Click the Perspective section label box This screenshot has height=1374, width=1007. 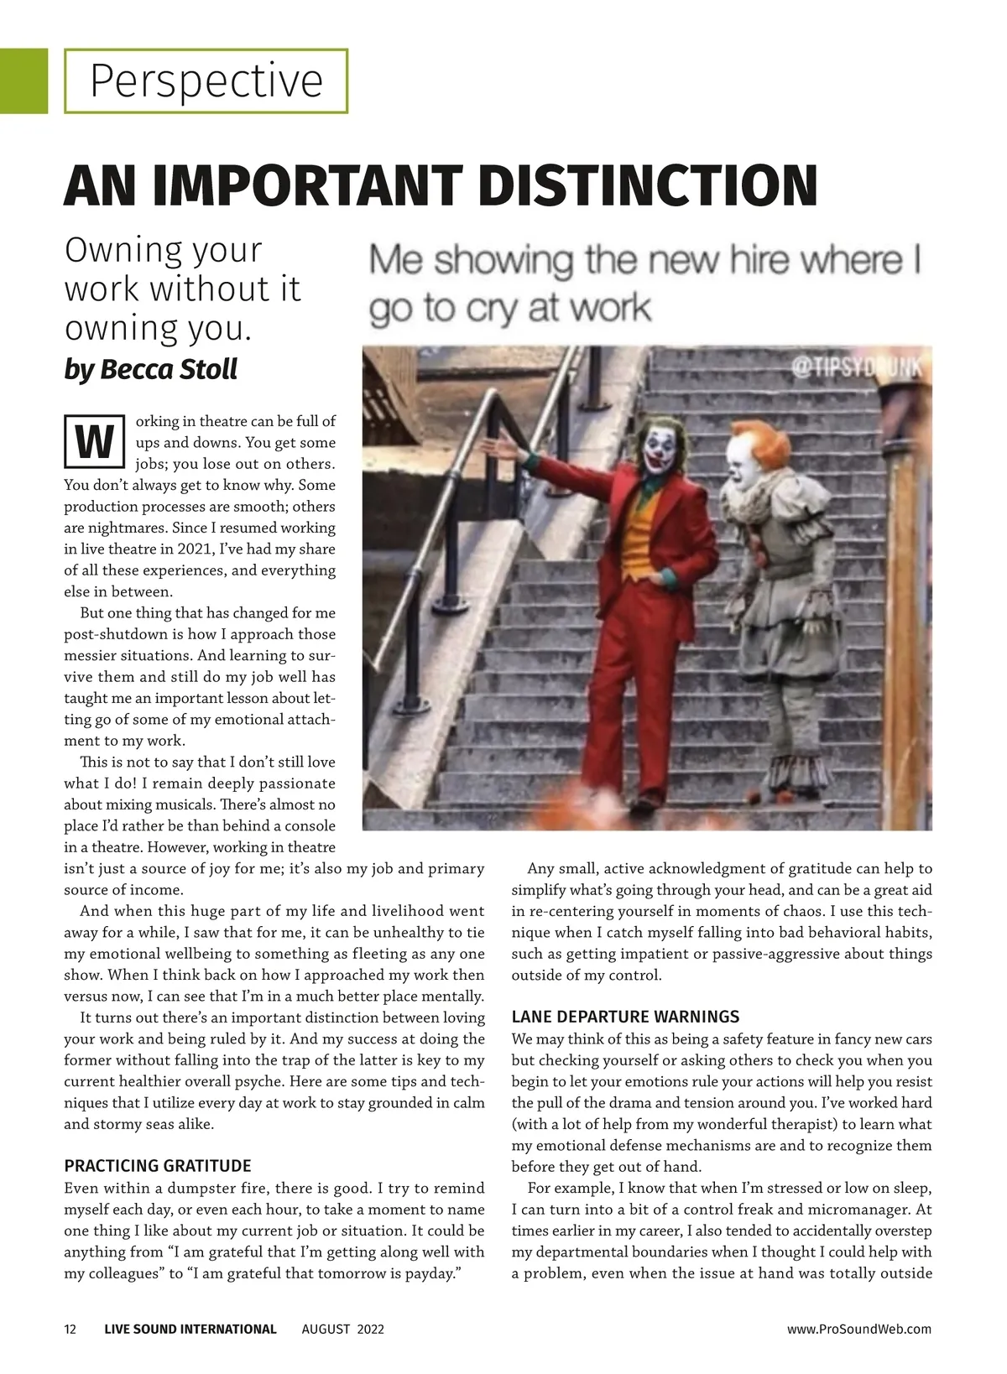(206, 81)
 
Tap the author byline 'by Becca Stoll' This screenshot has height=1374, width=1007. (150, 369)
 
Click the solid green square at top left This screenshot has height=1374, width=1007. (23, 81)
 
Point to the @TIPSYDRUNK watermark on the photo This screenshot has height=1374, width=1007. (856, 367)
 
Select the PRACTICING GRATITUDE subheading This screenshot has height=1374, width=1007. (158, 1166)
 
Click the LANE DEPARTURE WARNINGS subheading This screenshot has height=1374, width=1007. (625, 1017)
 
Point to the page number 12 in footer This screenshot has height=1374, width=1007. (70, 1329)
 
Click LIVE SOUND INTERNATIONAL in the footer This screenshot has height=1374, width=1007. (190, 1329)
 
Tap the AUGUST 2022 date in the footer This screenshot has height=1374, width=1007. (342, 1329)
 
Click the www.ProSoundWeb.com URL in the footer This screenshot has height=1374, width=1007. (858, 1329)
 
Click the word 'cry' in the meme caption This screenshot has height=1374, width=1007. (492, 309)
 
